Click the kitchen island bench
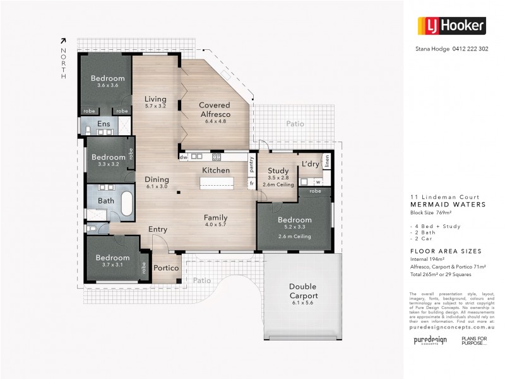[217, 183]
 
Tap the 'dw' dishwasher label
[183, 157]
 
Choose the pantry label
[251, 163]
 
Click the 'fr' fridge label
[251, 183]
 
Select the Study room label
[278, 171]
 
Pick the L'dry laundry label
[310, 164]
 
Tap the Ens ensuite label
[102, 124]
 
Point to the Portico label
[167, 268]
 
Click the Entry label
[157, 229]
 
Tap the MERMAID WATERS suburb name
[448, 205]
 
